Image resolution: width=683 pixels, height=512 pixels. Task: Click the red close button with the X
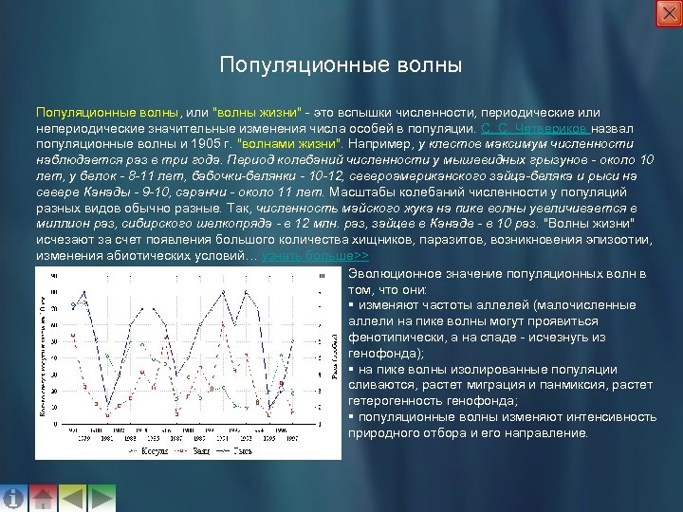pyautogui.click(x=668, y=13)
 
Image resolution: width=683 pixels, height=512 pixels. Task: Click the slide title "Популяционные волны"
pyautogui.click(x=341, y=66)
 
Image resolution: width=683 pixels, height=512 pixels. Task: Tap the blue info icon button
pyautogui.click(x=13, y=498)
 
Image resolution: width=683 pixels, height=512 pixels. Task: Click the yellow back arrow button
pyautogui.click(x=72, y=498)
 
